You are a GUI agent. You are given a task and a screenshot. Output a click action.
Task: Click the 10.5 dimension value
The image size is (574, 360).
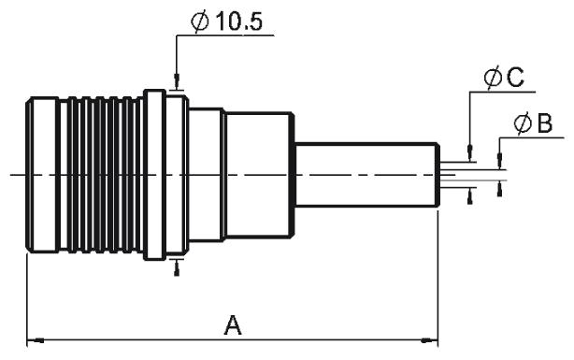pos(238,22)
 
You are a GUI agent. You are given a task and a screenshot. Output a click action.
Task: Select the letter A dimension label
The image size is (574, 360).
pos(233,324)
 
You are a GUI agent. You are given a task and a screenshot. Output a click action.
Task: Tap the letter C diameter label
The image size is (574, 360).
pos(515,78)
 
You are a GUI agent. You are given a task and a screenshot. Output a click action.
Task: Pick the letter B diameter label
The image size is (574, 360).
pos(545,123)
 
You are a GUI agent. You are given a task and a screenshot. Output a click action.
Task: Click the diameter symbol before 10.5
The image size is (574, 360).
pos(200,22)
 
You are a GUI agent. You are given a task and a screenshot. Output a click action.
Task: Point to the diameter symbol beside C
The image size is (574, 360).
pos(493,78)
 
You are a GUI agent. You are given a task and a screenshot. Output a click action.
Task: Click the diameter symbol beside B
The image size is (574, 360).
pos(523,123)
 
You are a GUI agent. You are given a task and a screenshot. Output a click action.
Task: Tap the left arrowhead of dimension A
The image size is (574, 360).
pos(36,340)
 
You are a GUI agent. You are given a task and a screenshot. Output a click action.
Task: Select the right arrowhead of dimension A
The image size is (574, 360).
pos(429,340)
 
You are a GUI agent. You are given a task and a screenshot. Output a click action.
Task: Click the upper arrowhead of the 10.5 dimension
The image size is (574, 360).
pos(177,81)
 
